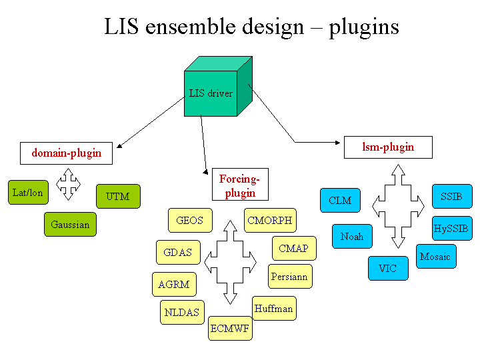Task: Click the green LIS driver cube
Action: pyautogui.click(x=211, y=93)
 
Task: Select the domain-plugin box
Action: pyautogui.click(x=66, y=153)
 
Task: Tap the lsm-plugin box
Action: pyautogui.click(x=388, y=147)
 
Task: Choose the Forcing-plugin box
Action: pyautogui.click(x=239, y=184)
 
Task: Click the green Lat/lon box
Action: pyautogui.click(x=27, y=193)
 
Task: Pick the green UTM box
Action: pyautogui.click(x=118, y=196)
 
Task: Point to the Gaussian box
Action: pyautogui.click(x=70, y=224)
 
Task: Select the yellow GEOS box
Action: pyautogui.click(x=189, y=220)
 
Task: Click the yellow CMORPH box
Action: pyautogui.click(x=269, y=220)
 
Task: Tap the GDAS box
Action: pyautogui.click(x=177, y=252)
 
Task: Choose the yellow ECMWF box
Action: pyautogui.click(x=230, y=328)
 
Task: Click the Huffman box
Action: pyautogui.click(x=274, y=308)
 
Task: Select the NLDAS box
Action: pyautogui.click(x=182, y=312)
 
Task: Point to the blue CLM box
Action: pyautogui.click(x=340, y=200)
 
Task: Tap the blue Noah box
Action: pyautogui.click(x=352, y=236)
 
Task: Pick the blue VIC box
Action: pyautogui.click(x=387, y=268)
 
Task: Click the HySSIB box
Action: pyautogui.click(x=451, y=228)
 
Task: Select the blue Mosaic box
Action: pyautogui.click(x=435, y=256)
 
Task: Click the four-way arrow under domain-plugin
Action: pyautogui.click(x=69, y=184)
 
